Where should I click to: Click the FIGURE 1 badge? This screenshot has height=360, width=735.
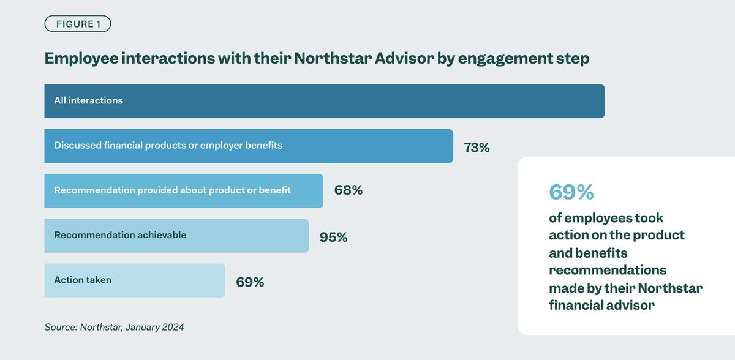(77, 24)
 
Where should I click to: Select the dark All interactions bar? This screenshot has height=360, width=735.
(324, 101)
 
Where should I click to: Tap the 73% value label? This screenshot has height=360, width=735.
(477, 148)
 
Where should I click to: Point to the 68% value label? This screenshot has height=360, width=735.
(349, 190)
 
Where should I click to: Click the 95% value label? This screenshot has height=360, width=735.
(333, 237)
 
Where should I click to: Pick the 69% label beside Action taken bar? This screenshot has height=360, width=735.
(250, 282)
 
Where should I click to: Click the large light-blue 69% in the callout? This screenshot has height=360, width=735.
(571, 192)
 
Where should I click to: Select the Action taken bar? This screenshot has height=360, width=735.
(134, 280)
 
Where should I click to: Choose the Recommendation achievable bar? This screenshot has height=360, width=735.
(176, 236)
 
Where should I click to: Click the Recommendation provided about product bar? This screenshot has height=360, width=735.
(183, 190)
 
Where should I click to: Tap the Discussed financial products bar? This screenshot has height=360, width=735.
(248, 146)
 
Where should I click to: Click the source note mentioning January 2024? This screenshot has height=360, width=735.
(114, 327)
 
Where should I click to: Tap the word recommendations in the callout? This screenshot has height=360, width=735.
(608, 270)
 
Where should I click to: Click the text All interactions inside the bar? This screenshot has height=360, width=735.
(88, 100)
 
